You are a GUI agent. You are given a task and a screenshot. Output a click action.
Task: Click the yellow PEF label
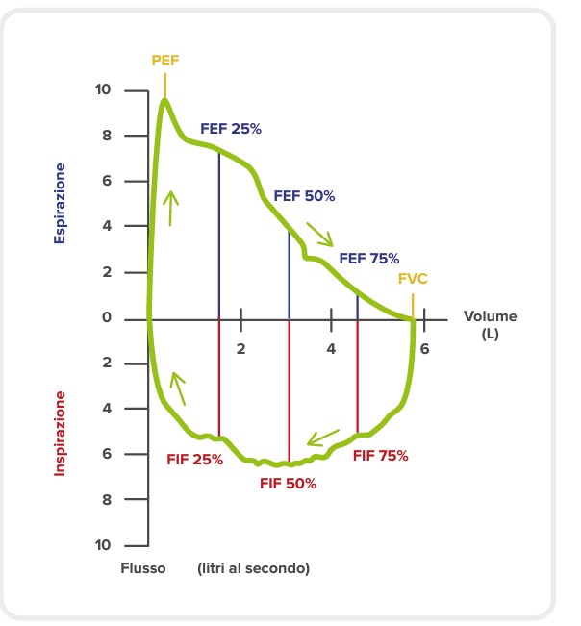pyautogui.click(x=165, y=60)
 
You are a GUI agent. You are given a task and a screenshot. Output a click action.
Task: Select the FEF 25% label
pyautogui.click(x=231, y=128)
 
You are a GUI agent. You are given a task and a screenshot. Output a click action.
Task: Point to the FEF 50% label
pyautogui.click(x=304, y=195)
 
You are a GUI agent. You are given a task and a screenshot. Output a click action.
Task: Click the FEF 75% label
pyautogui.click(x=368, y=258)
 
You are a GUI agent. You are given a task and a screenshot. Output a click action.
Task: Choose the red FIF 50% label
pyautogui.click(x=288, y=484)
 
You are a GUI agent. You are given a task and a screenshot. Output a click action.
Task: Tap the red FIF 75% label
pyautogui.click(x=380, y=456)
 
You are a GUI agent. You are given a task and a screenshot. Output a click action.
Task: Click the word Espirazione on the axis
pyautogui.click(x=60, y=202)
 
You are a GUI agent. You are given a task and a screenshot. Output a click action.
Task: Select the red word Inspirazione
pyautogui.click(x=60, y=433)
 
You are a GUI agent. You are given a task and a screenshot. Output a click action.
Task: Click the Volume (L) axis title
pyautogui.click(x=490, y=324)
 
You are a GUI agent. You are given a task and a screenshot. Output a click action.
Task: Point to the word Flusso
pyautogui.click(x=143, y=568)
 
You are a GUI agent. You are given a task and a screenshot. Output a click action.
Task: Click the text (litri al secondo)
pyautogui.click(x=254, y=568)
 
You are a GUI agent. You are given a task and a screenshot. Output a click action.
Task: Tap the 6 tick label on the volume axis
pyautogui.click(x=423, y=348)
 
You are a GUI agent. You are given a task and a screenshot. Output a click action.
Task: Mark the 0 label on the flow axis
pyautogui.click(x=107, y=318)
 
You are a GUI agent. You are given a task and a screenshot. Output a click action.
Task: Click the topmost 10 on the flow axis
pyautogui.click(x=103, y=90)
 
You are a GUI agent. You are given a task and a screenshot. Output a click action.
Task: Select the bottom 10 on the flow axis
pyautogui.click(x=103, y=545)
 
